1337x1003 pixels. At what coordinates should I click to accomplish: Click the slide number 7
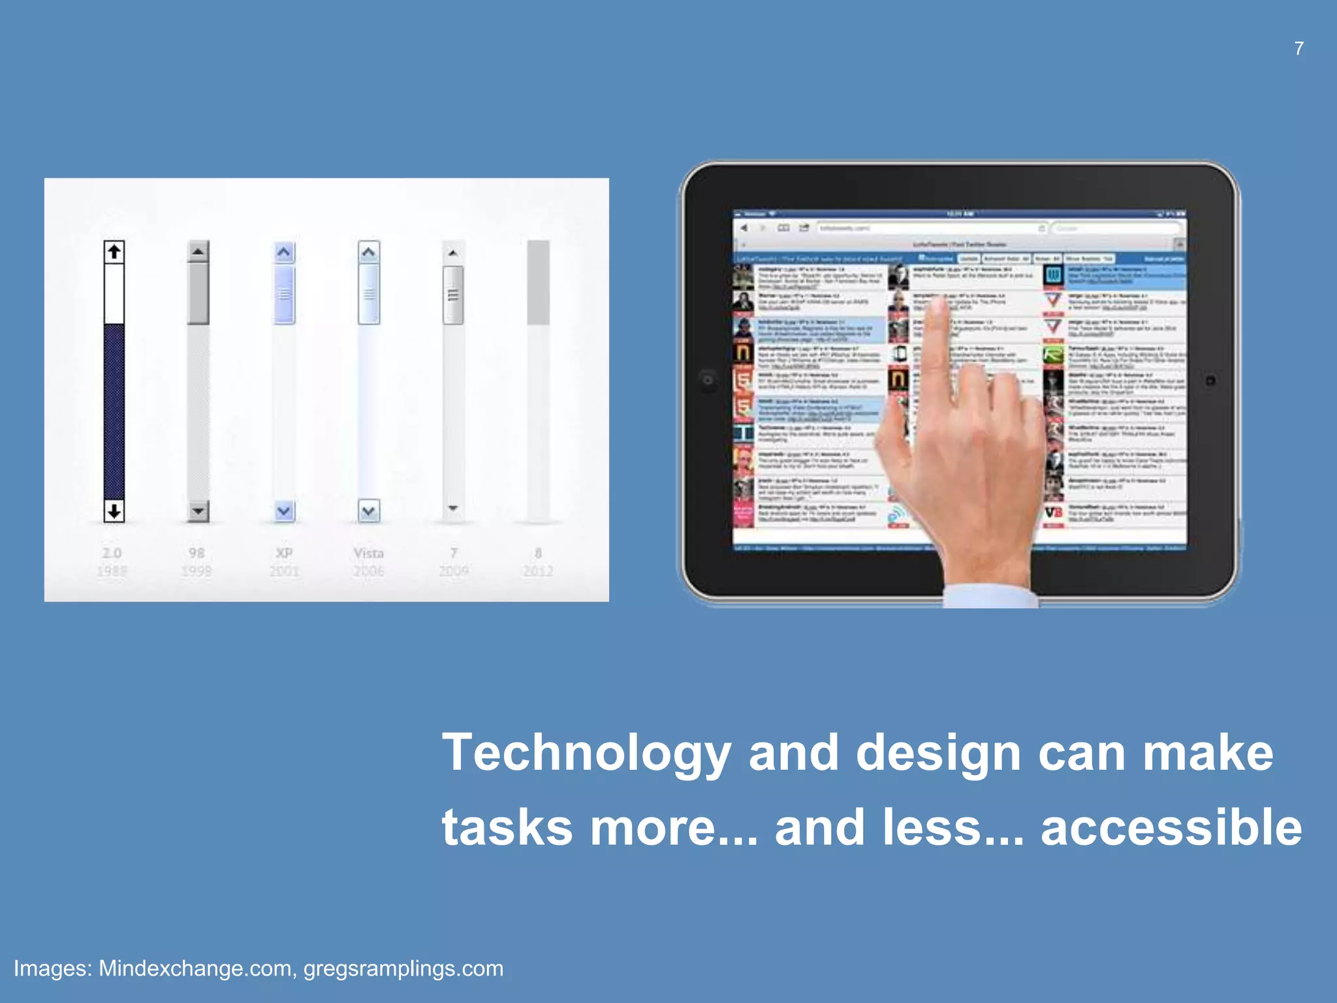(x=1298, y=48)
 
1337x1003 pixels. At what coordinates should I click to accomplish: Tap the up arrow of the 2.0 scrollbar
(x=114, y=251)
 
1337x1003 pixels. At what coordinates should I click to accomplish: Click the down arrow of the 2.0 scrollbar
(x=114, y=511)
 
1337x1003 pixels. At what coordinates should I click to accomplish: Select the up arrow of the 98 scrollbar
(x=198, y=251)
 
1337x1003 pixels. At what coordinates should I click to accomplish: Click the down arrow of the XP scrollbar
(x=284, y=511)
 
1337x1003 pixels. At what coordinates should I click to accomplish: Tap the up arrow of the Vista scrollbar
(x=369, y=252)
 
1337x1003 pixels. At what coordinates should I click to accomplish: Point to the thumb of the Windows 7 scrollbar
(x=453, y=295)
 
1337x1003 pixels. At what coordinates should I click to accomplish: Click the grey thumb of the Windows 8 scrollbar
(x=539, y=282)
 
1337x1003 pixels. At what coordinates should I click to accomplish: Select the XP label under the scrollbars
(x=284, y=553)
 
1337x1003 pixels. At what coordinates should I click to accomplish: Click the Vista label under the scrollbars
(x=369, y=553)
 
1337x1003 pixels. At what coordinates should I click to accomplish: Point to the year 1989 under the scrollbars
(x=112, y=571)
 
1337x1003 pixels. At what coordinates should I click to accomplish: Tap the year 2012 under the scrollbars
(x=538, y=571)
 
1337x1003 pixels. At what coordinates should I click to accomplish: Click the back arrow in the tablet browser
(x=744, y=228)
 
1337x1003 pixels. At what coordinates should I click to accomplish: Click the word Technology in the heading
(x=586, y=753)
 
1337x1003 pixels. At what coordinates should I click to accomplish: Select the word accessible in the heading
(x=1171, y=827)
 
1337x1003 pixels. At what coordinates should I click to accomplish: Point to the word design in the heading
(x=938, y=753)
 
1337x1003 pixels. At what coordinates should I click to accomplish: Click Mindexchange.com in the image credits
(x=195, y=968)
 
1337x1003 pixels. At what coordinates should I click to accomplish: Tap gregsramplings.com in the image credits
(x=403, y=968)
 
